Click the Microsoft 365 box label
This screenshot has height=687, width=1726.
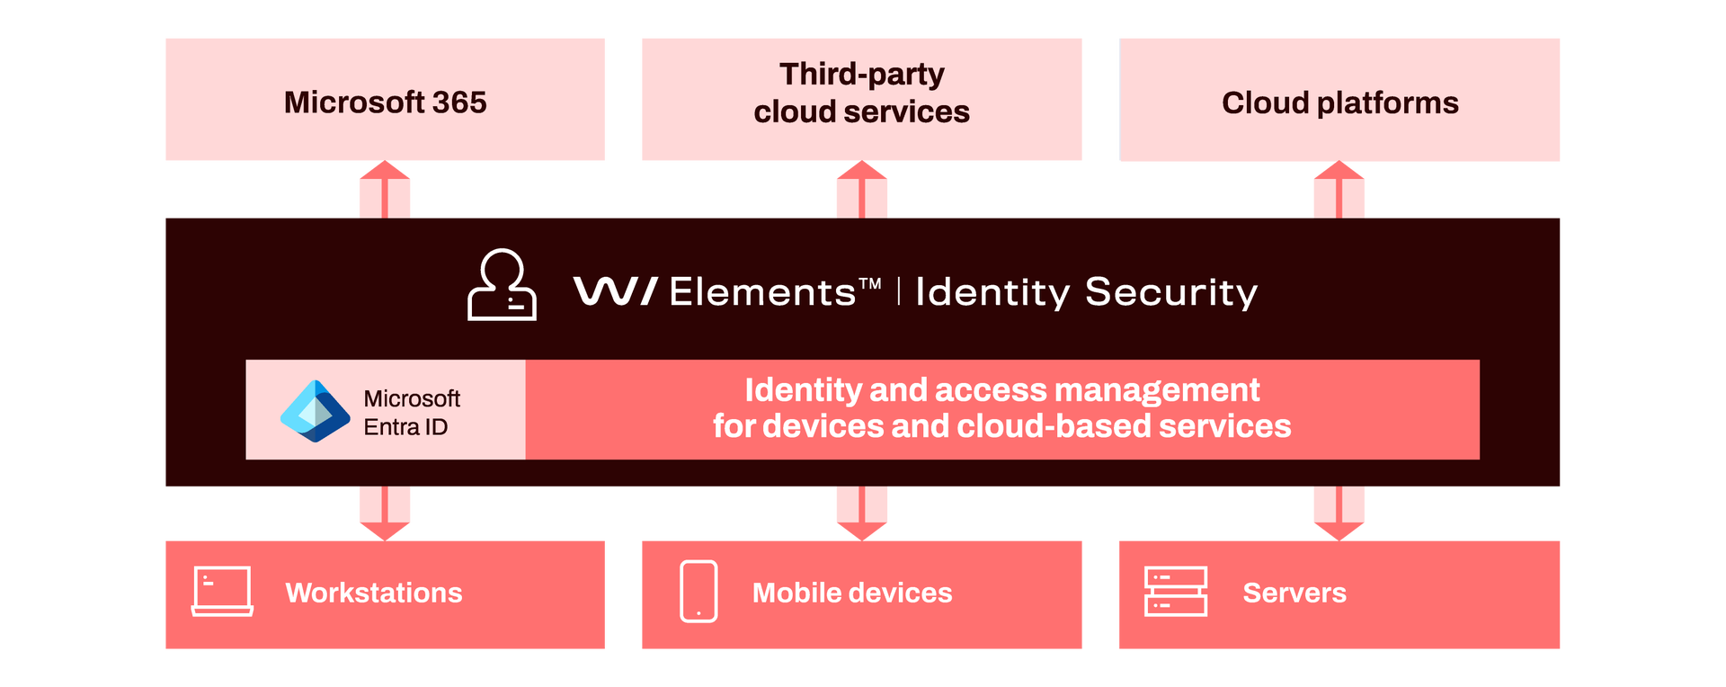click(385, 103)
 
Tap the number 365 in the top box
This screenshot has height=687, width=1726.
click(458, 103)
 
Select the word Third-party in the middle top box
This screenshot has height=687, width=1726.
click(861, 74)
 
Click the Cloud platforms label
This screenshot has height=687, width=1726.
click(1339, 103)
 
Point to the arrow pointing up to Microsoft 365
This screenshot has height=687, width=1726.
click(385, 189)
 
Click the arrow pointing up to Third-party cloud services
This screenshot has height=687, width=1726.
click(861, 189)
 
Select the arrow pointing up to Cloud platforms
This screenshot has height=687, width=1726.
click(1339, 189)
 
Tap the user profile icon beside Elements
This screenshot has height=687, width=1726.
click(502, 285)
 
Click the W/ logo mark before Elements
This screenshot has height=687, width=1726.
click(615, 291)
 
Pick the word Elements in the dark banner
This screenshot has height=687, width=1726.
click(762, 292)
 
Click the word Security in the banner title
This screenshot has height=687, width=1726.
click(1170, 292)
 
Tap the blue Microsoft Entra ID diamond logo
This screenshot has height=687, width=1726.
click(315, 411)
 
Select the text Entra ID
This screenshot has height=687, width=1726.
click(405, 427)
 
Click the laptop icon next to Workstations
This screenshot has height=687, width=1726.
click(222, 592)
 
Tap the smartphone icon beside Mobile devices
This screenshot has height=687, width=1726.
click(698, 592)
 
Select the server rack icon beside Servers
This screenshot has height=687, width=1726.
click(1175, 592)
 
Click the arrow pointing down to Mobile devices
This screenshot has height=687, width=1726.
click(861, 513)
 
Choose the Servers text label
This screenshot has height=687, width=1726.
click(1294, 593)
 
